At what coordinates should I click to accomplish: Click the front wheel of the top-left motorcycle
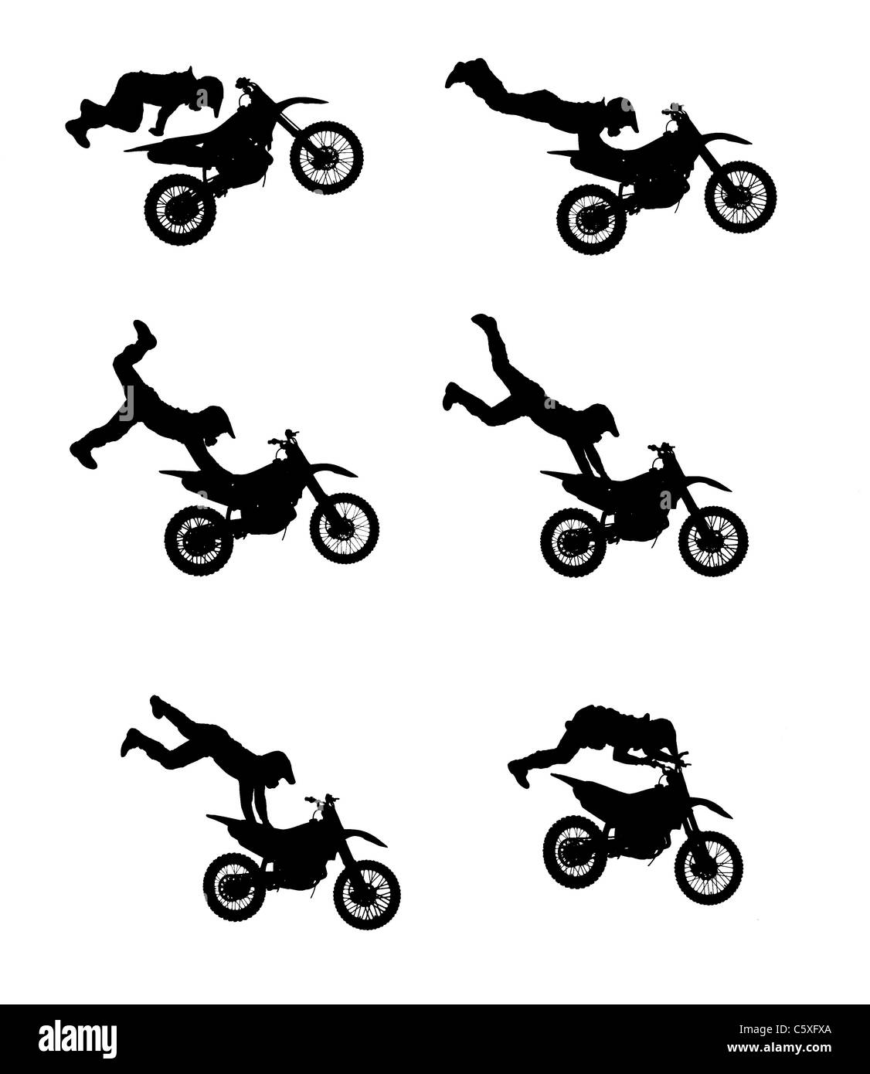pos(326,158)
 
